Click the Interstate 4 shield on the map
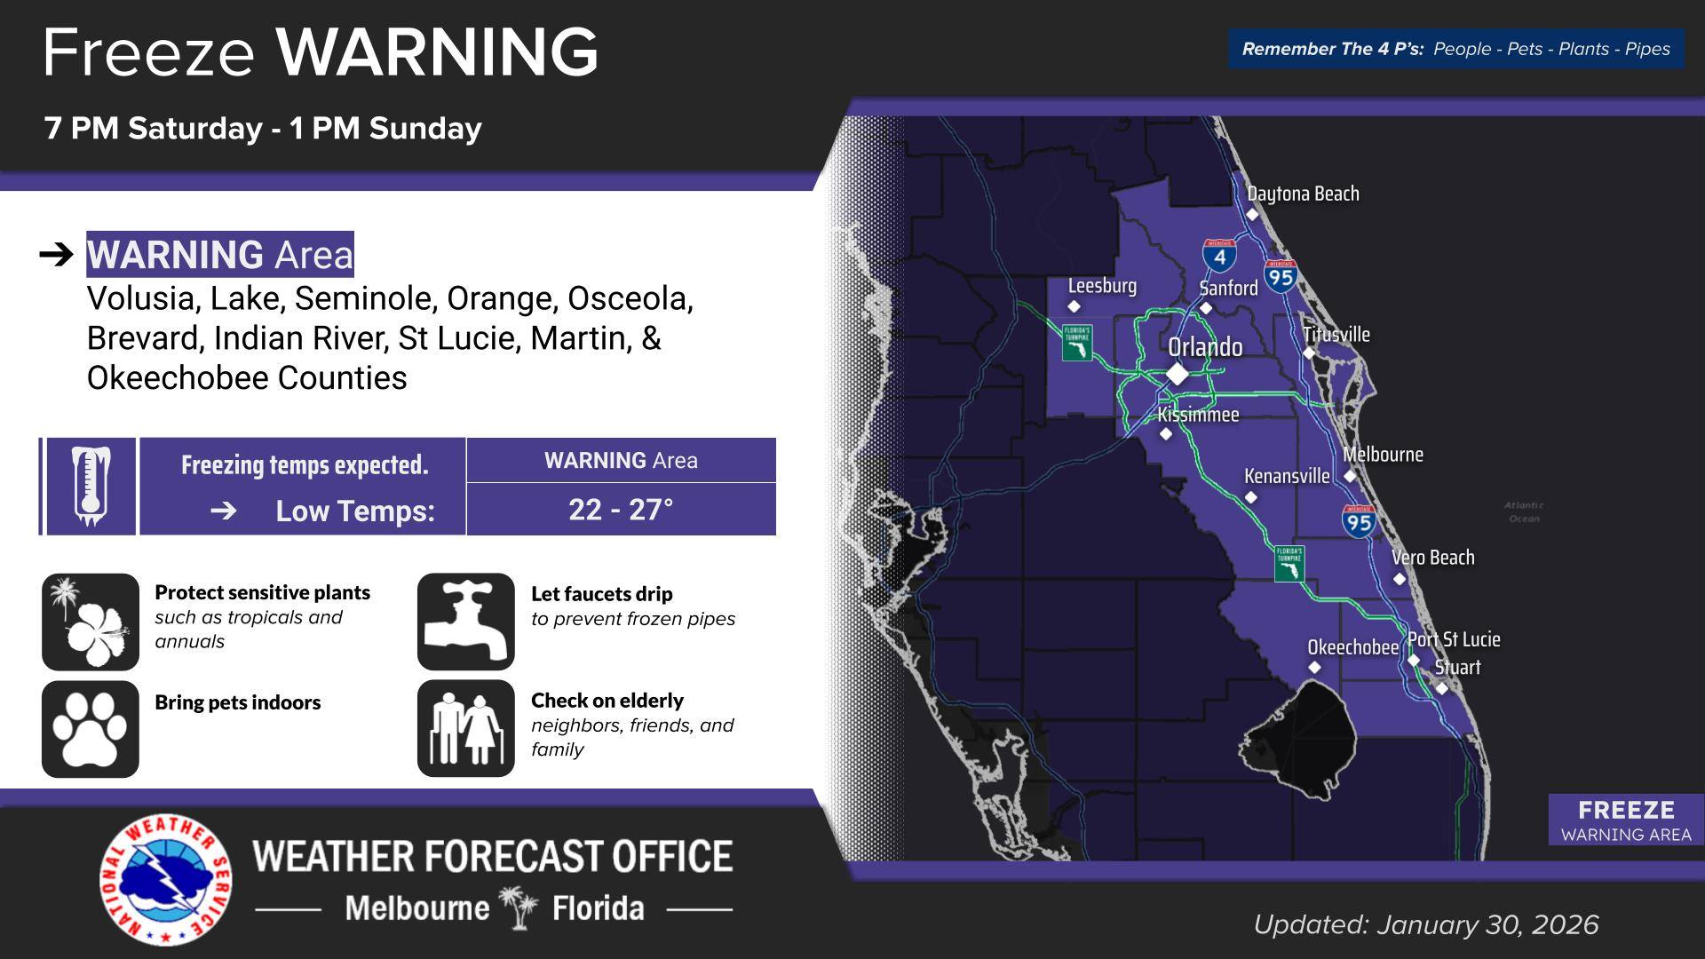[x=1219, y=255]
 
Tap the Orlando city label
[x=1205, y=347]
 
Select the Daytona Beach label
[x=1303, y=194]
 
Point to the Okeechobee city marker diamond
[x=1314, y=668]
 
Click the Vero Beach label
[x=1432, y=558]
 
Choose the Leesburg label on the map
[x=1102, y=286]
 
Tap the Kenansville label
[x=1287, y=476]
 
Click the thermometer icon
[x=90, y=487]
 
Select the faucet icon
[x=465, y=622]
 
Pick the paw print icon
[x=90, y=729]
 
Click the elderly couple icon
[x=465, y=729]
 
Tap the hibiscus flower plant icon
[x=90, y=622]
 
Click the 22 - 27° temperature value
[x=621, y=510]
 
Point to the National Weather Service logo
[x=165, y=879]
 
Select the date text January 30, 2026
[x=1487, y=925]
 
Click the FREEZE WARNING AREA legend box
[x=1625, y=820]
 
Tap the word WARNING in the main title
[x=437, y=52]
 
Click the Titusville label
[x=1336, y=335]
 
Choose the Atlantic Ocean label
[x=1524, y=511]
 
